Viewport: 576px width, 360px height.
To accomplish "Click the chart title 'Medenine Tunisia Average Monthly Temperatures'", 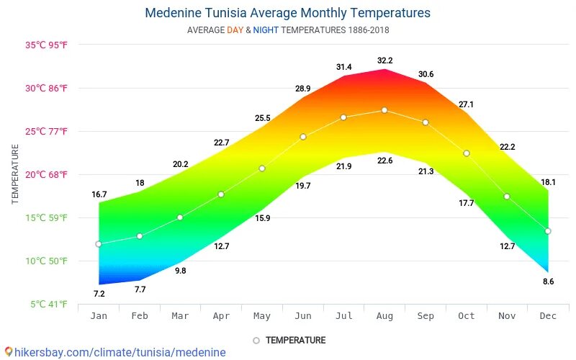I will point(287,13).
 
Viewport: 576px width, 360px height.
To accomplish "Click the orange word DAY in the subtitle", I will point(235,30).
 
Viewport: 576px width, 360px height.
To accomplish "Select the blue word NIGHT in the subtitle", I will point(265,30).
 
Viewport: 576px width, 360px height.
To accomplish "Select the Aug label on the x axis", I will point(384,315).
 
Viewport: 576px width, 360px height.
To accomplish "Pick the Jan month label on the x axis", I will point(99,315).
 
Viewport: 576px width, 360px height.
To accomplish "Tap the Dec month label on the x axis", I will point(548,315).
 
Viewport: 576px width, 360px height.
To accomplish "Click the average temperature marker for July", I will point(343,117).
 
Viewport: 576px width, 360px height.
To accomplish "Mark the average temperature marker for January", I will point(99,244).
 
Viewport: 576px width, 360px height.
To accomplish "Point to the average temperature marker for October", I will point(467,153).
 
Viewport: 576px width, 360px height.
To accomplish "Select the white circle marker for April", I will point(221,194).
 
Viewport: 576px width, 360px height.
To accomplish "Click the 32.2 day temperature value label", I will point(384,60).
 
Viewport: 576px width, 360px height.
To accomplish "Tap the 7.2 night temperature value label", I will point(99,294).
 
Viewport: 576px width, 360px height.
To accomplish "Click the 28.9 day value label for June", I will point(302,88).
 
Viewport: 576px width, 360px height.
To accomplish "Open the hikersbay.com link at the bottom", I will point(115,352).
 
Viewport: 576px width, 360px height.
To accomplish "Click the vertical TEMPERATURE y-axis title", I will point(16,174).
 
